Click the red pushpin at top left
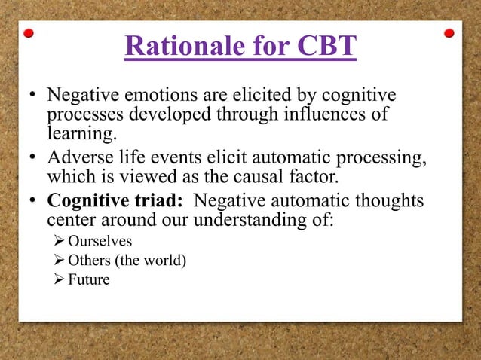[29, 33]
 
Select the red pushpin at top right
[449, 33]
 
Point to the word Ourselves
[100, 242]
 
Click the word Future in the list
[88, 280]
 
